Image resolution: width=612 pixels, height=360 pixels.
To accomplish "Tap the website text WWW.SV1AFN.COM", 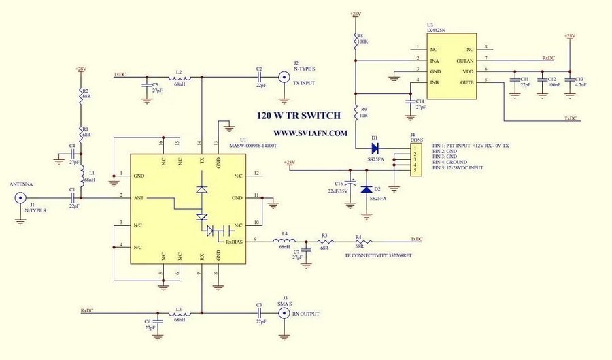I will (311, 133).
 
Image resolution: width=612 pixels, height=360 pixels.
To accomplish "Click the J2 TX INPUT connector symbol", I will (281, 78).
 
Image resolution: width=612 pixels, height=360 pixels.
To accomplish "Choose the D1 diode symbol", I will (375, 146).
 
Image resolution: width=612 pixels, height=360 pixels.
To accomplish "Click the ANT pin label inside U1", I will (139, 198).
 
